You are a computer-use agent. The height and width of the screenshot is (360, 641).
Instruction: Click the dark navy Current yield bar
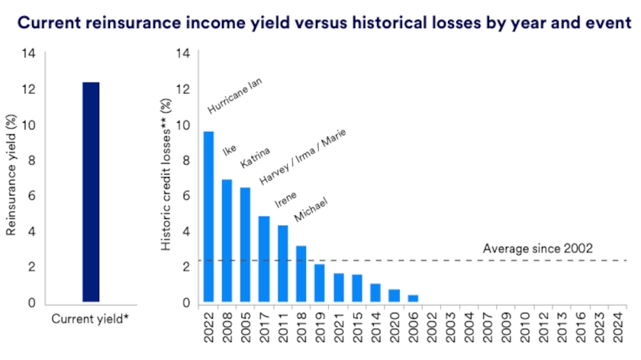click(91, 192)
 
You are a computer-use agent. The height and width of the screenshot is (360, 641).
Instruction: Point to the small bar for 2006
click(413, 298)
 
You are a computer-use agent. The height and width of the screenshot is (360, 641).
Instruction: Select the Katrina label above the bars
click(254, 155)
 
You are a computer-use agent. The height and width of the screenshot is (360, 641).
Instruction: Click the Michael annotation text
click(311, 211)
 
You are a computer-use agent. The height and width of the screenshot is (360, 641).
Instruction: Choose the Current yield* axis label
click(90, 319)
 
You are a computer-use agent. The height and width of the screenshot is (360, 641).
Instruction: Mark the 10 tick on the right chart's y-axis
click(184, 125)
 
